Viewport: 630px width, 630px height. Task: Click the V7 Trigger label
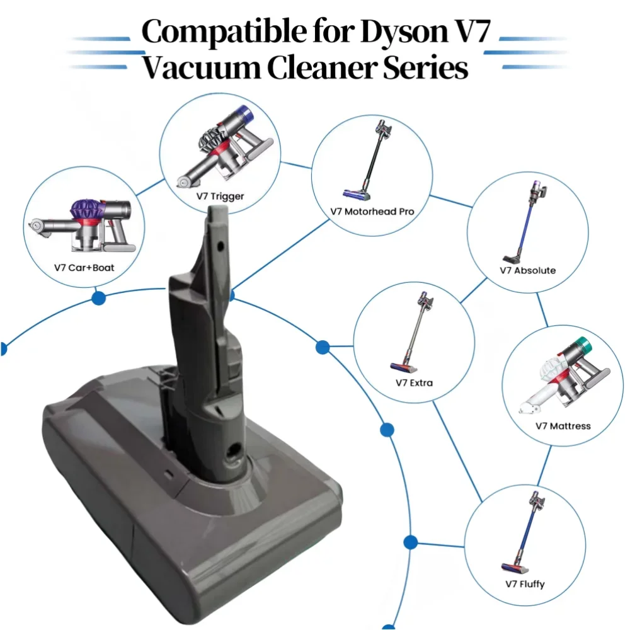(x=219, y=197)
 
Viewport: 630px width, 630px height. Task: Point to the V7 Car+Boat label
(x=84, y=268)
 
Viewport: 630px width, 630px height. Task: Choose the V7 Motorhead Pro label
(x=372, y=212)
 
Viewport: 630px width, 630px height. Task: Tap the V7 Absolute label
(x=527, y=270)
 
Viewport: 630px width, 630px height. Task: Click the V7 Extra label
(x=414, y=382)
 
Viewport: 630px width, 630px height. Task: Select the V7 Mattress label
(x=563, y=426)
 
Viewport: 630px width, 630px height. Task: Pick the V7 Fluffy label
(x=525, y=584)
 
